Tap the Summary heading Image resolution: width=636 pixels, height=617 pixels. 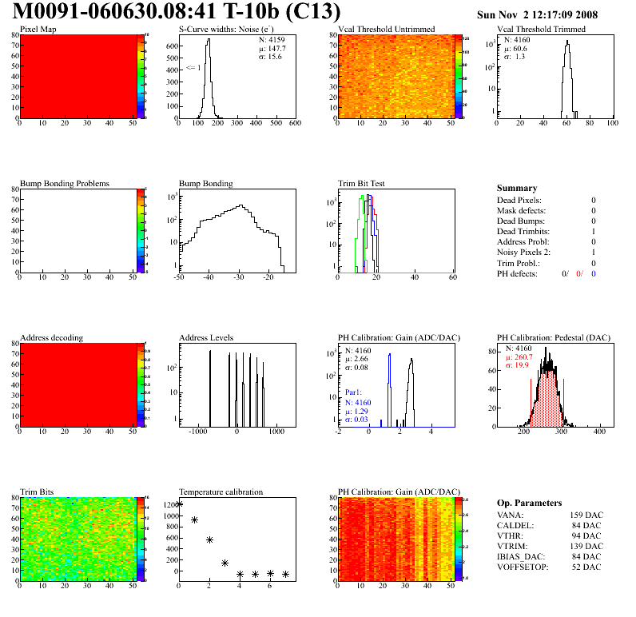point(517,188)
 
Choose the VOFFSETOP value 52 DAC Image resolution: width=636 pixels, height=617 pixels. point(586,567)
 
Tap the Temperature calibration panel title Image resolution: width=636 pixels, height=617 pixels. point(221,492)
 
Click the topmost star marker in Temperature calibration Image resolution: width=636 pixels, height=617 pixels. point(179,504)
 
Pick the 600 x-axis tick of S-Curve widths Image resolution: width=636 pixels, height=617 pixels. point(295,123)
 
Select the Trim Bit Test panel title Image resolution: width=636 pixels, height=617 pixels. point(361,183)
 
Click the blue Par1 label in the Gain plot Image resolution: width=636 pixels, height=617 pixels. point(354,393)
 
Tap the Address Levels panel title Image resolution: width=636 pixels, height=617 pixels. point(207,337)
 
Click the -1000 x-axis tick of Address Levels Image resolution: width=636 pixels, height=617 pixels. point(195,432)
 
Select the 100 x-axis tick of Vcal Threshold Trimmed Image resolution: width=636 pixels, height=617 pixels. point(612,123)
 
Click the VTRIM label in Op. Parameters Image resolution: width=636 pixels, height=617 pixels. point(512,546)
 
